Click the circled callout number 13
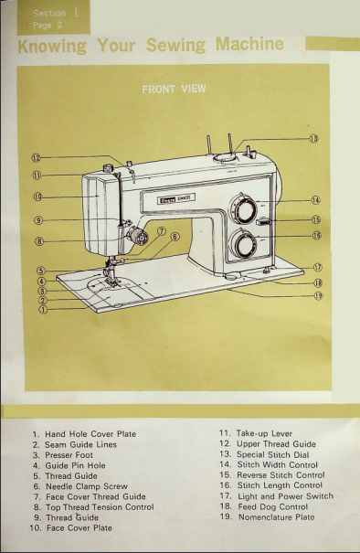[x=313, y=139]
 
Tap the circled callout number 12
[x=37, y=157]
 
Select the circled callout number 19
[x=318, y=296]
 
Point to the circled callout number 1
[x=43, y=310]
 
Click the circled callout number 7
[x=162, y=231]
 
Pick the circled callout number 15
[x=316, y=219]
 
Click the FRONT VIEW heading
[x=174, y=89]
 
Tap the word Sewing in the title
[x=175, y=45]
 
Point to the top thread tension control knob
[x=137, y=237]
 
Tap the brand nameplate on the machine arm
[x=176, y=199]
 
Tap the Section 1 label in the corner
[x=56, y=13]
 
